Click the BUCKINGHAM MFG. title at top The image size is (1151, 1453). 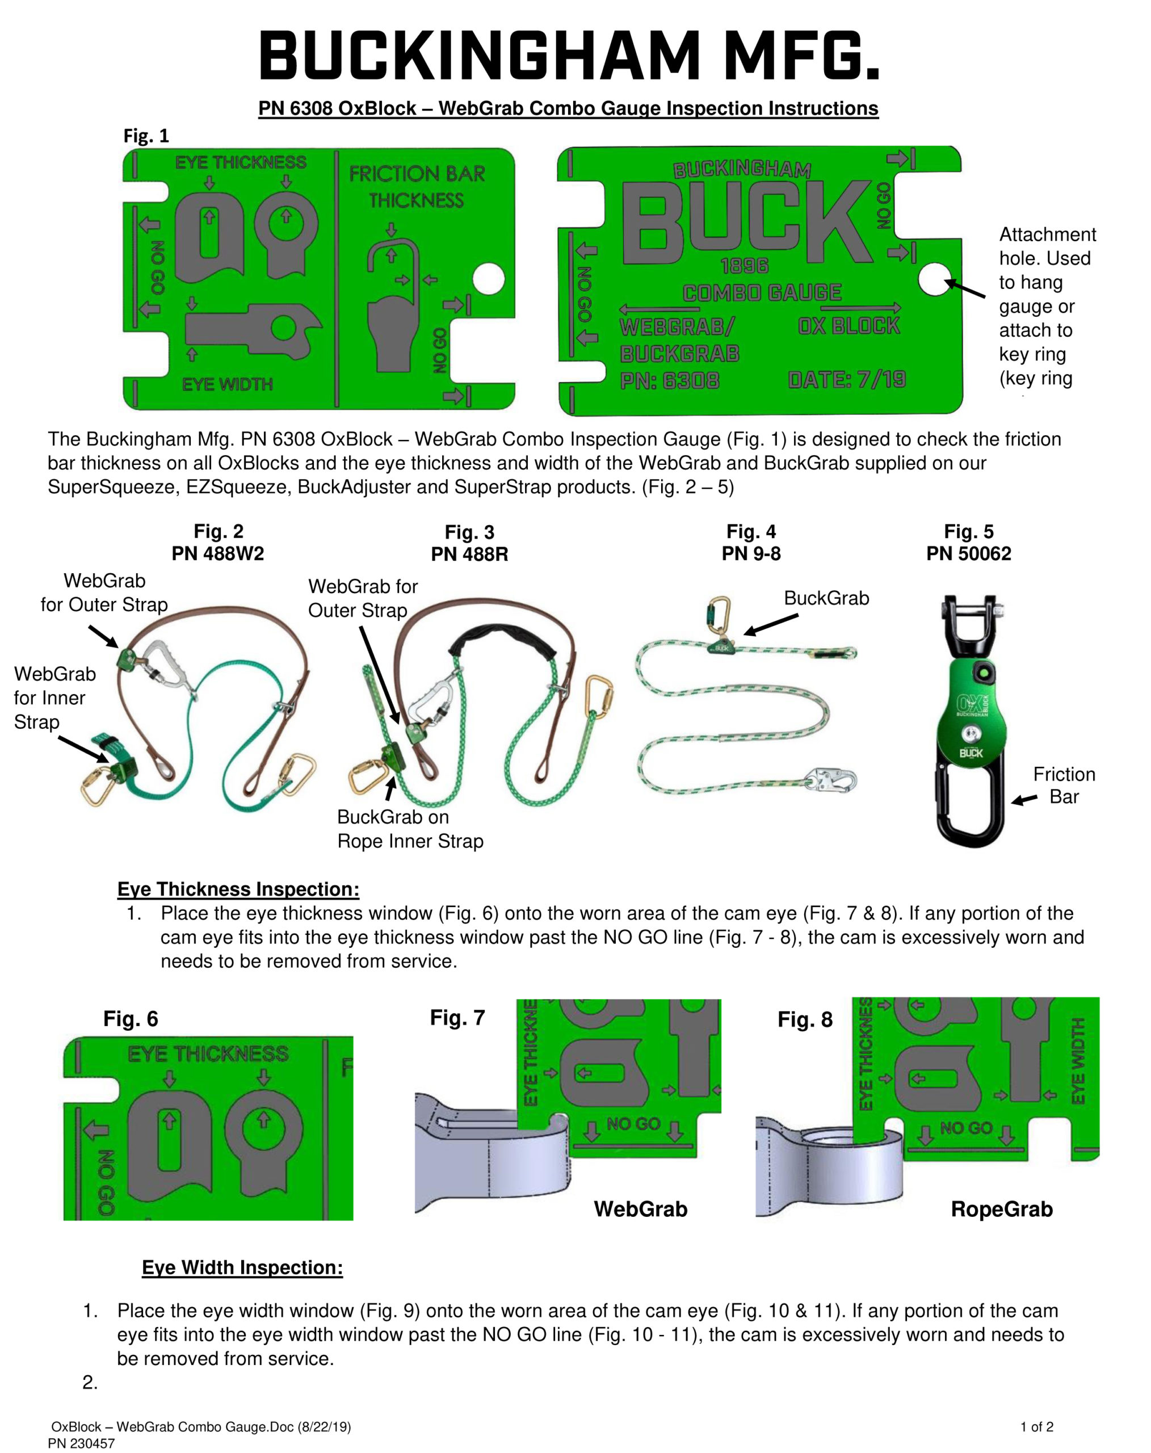pyautogui.click(x=569, y=55)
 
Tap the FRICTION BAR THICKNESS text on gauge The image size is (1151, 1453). pyautogui.click(x=417, y=187)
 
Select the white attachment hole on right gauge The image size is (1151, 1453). pyautogui.click(x=934, y=279)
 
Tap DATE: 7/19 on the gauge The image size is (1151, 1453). pyautogui.click(x=847, y=380)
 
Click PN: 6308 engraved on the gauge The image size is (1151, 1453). pyautogui.click(x=669, y=381)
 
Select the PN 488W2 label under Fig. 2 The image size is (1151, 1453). pyautogui.click(x=218, y=554)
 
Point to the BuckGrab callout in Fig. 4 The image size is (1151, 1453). pyautogui.click(x=826, y=598)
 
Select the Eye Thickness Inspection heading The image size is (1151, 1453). pyautogui.click(x=238, y=889)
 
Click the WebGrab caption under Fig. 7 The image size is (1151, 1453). pyautogui.click(x=640, y=1209)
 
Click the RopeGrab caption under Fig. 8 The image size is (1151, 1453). pyautogui.click(x=1001, y=1209)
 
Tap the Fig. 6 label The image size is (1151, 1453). pyautogui.click(x=131, y=1019)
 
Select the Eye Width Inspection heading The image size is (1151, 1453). pyautogui.click(x=242, y=1267)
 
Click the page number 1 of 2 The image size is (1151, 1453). pyautogui.click(x=1036, y=1427)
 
